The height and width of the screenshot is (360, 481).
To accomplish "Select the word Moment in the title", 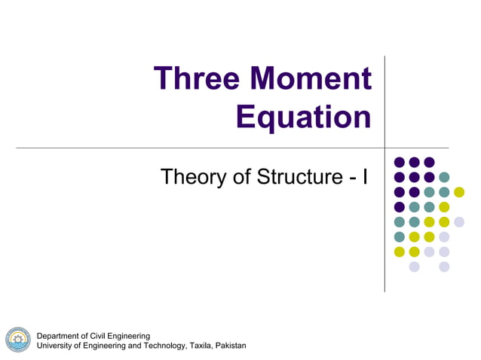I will (x=311, y=79).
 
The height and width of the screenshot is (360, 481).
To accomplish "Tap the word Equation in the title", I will (x=303, y=117).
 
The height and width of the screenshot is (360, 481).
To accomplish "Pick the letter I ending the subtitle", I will (x=365, y=178).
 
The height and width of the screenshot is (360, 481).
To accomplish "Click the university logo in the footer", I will (x=17, y=340).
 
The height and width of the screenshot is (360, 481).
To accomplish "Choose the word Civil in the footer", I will (x=103, y=336).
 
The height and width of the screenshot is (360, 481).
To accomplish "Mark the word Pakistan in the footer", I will (x=231, y=346).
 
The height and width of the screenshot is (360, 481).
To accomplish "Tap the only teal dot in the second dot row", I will (x=444, y=177).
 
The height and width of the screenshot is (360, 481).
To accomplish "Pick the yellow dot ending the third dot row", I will (x=459, y=192).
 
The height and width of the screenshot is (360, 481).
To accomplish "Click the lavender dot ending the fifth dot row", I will (x=459, y=222).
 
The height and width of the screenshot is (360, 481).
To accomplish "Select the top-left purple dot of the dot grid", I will (x=399, y=162).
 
